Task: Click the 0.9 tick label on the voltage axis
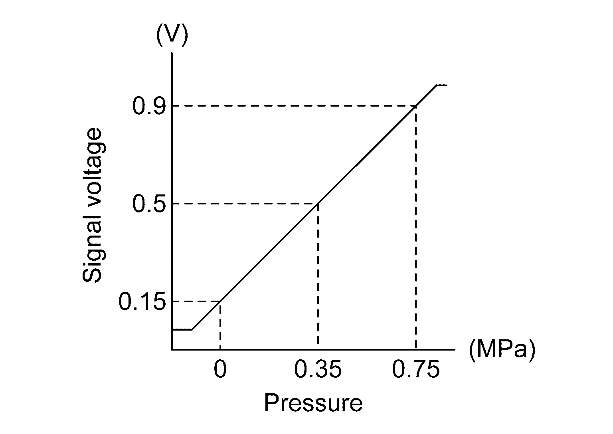click(x=147, y=106)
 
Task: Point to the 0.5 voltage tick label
click(x=147, y=204)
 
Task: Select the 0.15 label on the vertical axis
click(x=142, y=302)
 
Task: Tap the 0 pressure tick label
click(x=220, y=370)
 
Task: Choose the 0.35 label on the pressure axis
click(x=318, y=370)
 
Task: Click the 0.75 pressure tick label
click(x=416, y=370)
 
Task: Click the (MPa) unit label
click(x=501, y=350)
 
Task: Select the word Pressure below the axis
click(x=313, y=403)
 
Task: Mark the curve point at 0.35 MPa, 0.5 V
click(x=318, y=204)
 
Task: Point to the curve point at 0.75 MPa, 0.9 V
click(x=416, y=106)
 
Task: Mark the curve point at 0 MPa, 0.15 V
click(x=220, y=301)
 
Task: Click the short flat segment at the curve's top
click(x=441, y=85)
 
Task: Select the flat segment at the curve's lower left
click(x=182, y=330)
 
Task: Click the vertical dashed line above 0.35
click(x=318, y=275)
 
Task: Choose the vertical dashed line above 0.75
click(x=416, y=228)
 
